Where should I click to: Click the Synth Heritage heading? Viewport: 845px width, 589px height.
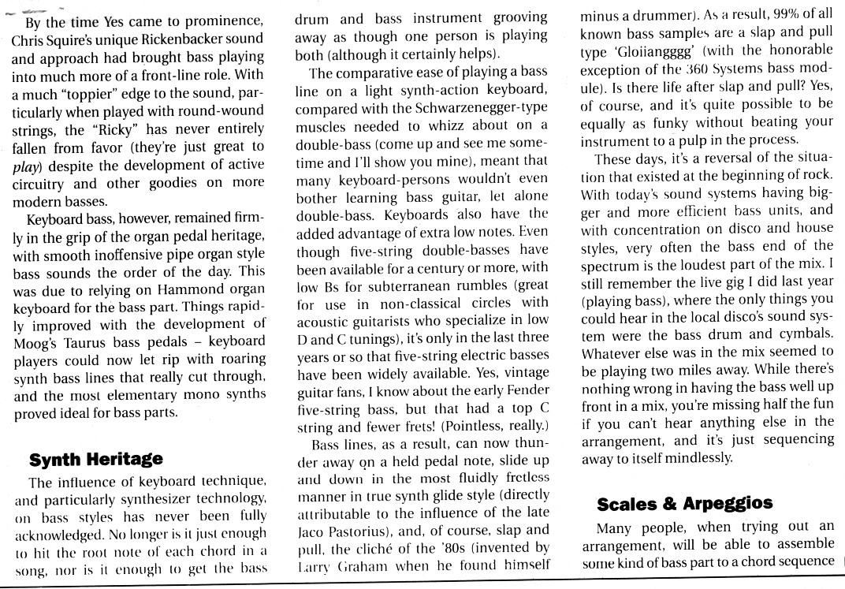click(95, 459)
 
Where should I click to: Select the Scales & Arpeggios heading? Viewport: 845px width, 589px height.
click(684, 503)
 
